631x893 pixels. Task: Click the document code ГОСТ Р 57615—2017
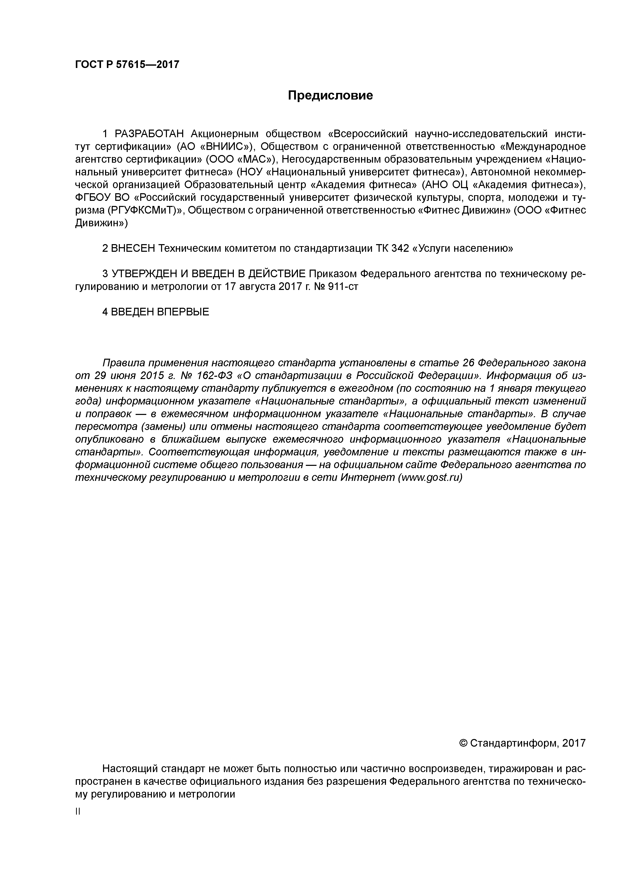point(127,64)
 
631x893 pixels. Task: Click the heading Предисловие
point(331,95)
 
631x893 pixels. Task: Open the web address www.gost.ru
point(429,478)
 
